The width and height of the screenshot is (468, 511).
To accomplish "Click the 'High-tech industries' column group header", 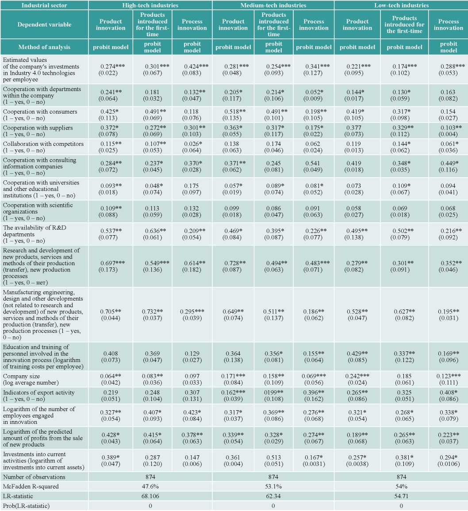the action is point(150,5).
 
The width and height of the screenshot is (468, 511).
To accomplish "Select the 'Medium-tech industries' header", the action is point(273,5).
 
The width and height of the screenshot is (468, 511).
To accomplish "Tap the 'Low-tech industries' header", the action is point(402,5).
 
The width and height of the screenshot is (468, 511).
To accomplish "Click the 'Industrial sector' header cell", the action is point(44,5).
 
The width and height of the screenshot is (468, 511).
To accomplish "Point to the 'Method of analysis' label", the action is point(44,47).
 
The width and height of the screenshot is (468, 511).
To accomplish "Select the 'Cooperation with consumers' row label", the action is point(40,111).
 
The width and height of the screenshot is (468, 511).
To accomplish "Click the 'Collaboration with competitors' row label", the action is point(43,144).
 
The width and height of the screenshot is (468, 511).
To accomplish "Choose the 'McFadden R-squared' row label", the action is point(31,486).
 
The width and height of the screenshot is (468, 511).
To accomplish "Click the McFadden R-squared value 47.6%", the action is point(150,486).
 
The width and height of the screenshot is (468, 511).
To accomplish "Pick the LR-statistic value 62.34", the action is point(273,496).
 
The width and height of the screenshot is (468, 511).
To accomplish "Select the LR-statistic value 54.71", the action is point(402,496).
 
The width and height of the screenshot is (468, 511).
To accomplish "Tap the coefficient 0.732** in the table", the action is point(153,312).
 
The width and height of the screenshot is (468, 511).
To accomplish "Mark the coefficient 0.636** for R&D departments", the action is point(156,231).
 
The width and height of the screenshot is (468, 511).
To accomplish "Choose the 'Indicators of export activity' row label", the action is point(39,393).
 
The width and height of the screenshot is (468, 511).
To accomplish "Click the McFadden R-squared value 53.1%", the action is point(273,486).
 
